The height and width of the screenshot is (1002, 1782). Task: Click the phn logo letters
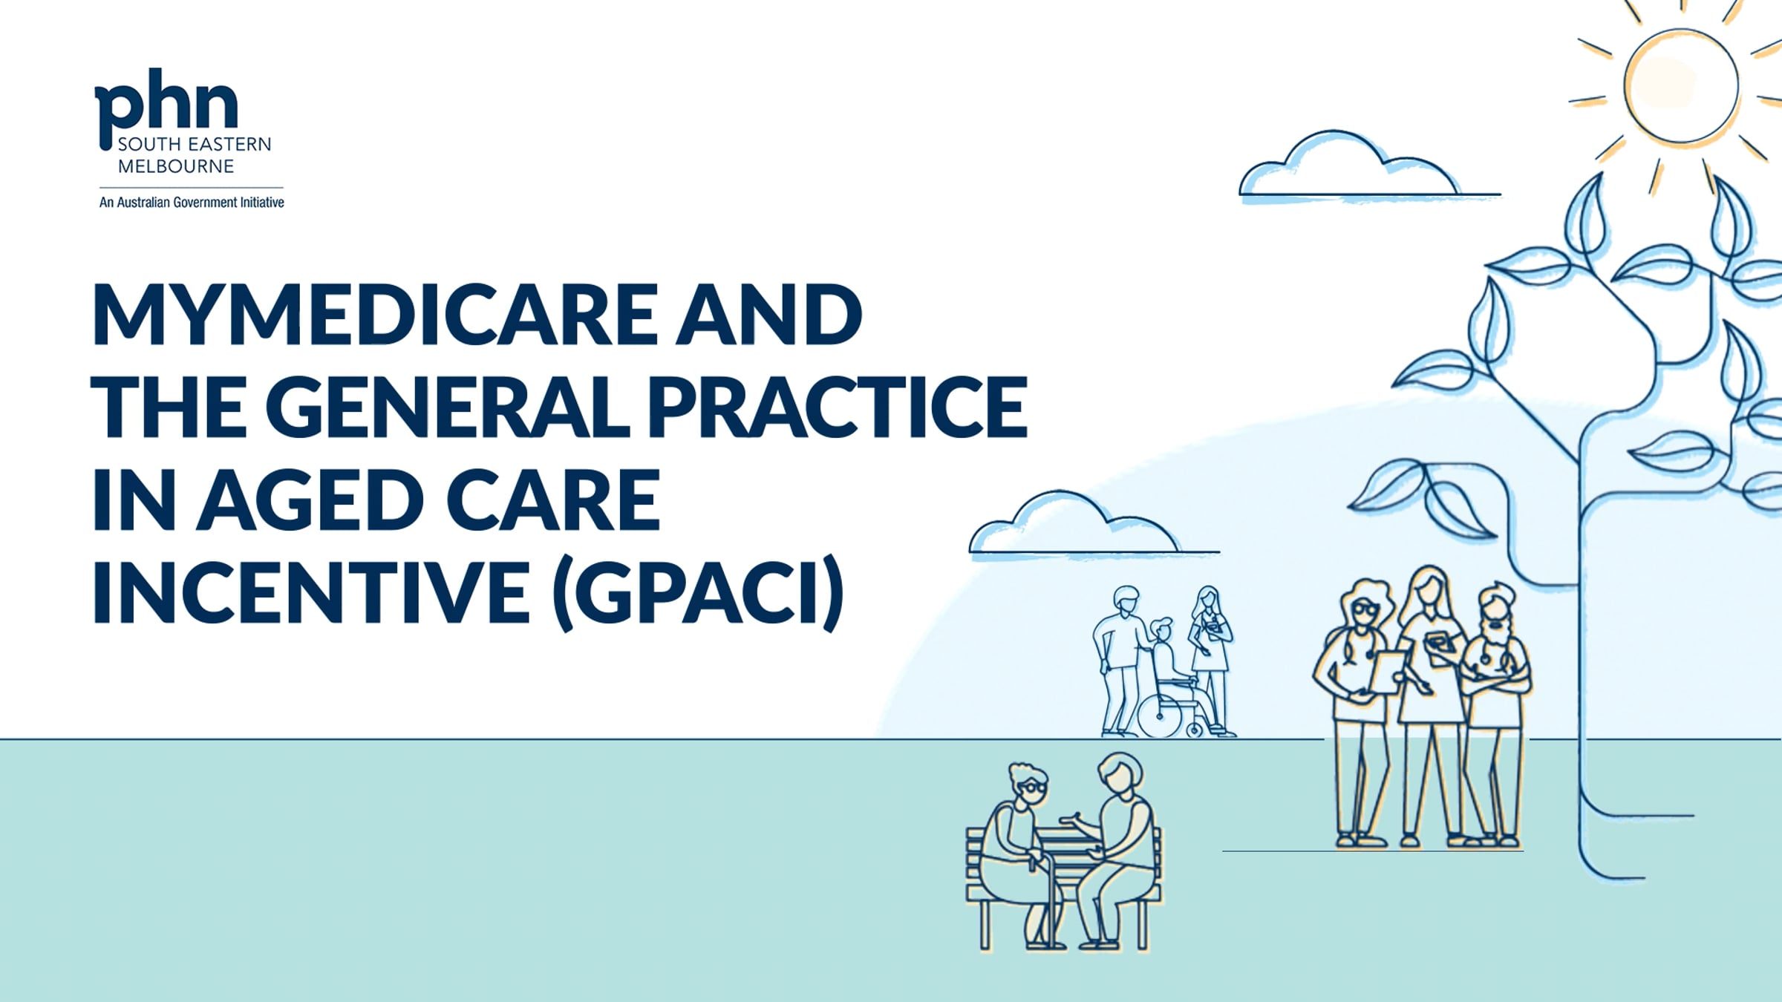pyautogui.click(x=166, y=104)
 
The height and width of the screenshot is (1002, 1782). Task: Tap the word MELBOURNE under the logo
pyautogui.click(x=176, y=166)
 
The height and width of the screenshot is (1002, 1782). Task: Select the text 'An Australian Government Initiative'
pyautogui.click(x=192, y=202)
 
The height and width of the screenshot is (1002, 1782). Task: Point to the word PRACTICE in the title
pyautogui.click(x=838, y=406)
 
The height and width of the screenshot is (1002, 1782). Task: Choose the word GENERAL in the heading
pyautogui.click(x=447, y=406)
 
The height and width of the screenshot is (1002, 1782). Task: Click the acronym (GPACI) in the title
pyautogui.click(x=699, y=592)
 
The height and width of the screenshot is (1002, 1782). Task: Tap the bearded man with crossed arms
pyautogui.click(x=1495, y=713)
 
